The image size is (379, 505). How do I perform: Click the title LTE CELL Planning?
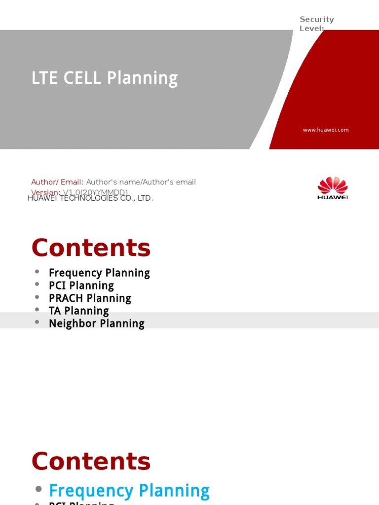click(x=104, y=78)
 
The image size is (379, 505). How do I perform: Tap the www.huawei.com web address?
click(x=326, y=130)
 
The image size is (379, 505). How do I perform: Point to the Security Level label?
click(x=317, y=23)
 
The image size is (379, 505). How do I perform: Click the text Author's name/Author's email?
click(x=141, y=182)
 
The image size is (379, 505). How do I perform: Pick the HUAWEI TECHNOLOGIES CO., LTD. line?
click(x=90, y=198)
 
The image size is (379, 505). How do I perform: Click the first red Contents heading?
click(x=91, y=248)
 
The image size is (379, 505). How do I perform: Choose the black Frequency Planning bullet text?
click(x=99, y=273)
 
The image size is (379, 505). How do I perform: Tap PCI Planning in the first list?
click(x=81, y=286)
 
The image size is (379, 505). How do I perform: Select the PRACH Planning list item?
click(x=90, y=298)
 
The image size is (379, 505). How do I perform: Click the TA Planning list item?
click(x=78, y=311)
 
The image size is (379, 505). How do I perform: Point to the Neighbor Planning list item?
click(x=96, y=324)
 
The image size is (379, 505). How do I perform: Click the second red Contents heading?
click(x=91, y=462)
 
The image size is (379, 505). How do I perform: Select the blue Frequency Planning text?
click(x=129, y=491)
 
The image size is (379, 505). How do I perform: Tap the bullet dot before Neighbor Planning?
click(x=37, y=323)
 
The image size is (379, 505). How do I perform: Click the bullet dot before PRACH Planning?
click(x=37, y=297)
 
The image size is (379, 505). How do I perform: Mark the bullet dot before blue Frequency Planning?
click(x=38, y=489)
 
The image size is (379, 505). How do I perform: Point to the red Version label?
click(x=45, y=192)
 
